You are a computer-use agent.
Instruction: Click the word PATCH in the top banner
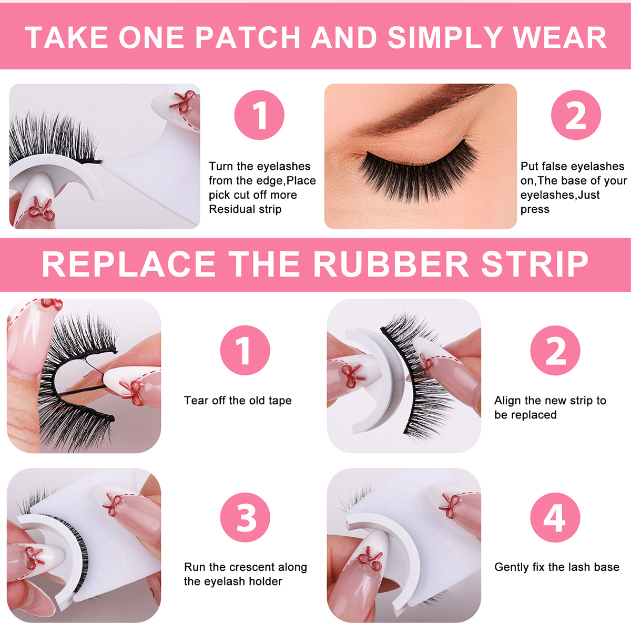pos(248,37)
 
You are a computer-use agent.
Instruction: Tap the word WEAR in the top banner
pos(559,37)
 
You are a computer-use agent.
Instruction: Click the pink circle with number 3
pos(245,517)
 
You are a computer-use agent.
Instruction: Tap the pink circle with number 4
pos(555,517)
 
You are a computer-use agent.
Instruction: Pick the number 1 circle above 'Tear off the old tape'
pos(245,351)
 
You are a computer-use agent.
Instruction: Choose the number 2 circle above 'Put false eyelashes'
pos(576,115)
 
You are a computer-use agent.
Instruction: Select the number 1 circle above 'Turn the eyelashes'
pos(259,115)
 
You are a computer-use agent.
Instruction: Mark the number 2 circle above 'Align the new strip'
pos(555,351)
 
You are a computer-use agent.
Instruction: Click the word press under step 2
pos(535,210)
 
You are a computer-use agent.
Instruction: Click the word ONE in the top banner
pos(152,37)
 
